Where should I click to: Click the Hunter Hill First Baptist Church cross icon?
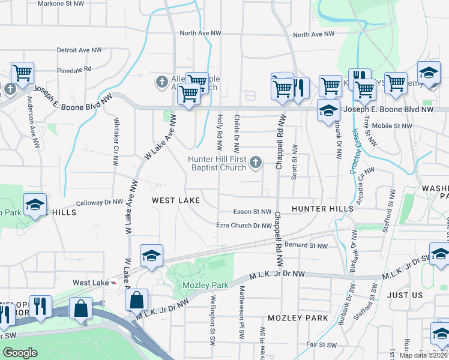point(256,162)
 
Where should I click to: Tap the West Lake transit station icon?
point(114,283)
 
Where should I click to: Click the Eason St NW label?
point(253,211)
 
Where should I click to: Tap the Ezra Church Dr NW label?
point(244,226)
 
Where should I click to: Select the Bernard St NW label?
point(306,245)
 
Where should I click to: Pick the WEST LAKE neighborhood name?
point(175,200)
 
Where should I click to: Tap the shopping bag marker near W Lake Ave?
point(137,299)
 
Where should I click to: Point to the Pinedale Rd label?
point(74,70)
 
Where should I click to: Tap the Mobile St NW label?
point(392,126)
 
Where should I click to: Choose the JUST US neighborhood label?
point(405,295)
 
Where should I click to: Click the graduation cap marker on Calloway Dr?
point(35,205)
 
